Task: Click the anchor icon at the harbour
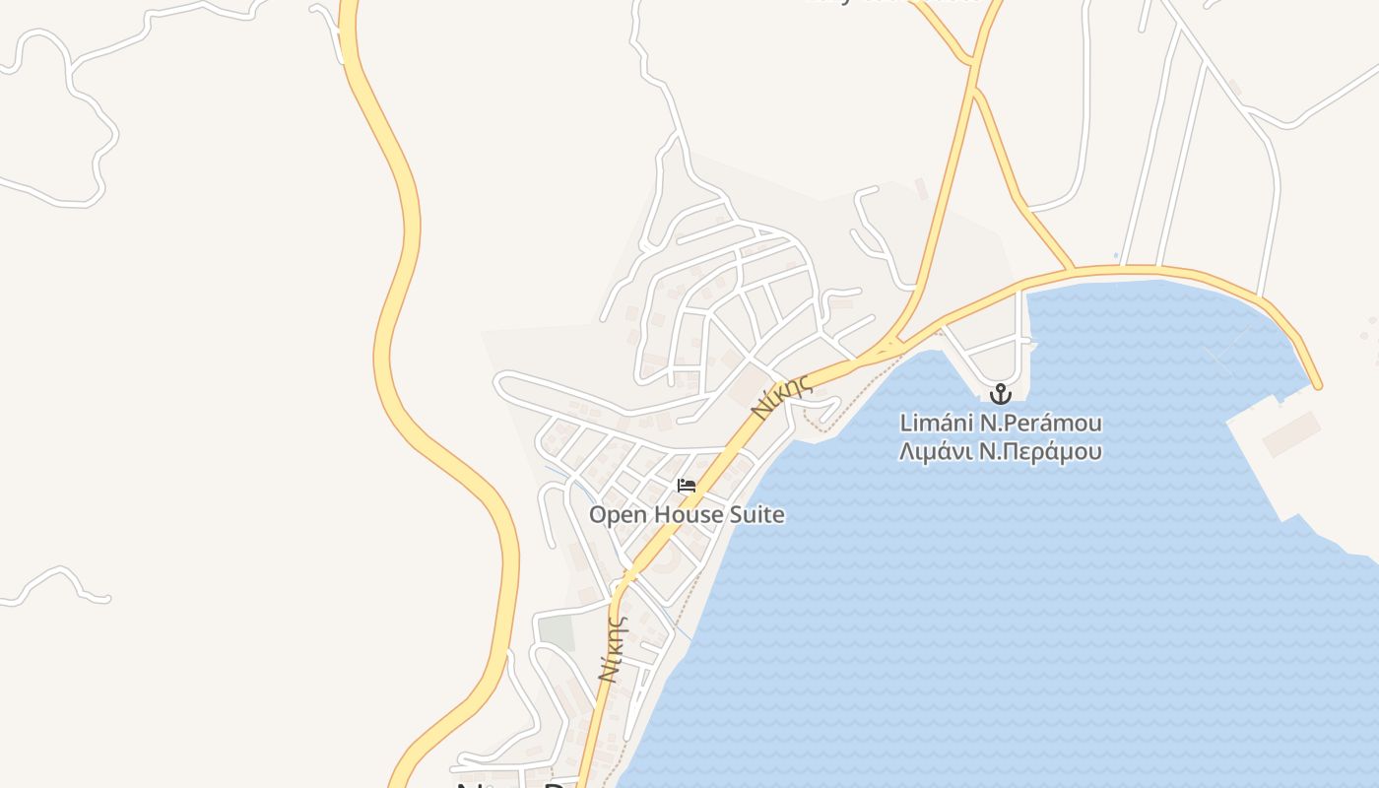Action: click(x=1001, y=394)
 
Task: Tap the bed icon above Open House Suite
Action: click(x=687, y=486)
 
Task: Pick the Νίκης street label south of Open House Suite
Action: click(x=613, y=650)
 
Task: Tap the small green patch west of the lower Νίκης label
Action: click(x=557, y=633)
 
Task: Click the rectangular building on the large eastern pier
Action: click(x=1292, y=434)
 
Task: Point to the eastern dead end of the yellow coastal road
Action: click(x=1317, y=385)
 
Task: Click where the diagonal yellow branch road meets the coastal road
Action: click(x=1072, y=268)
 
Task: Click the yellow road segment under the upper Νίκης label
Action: click(x=808, y=379)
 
